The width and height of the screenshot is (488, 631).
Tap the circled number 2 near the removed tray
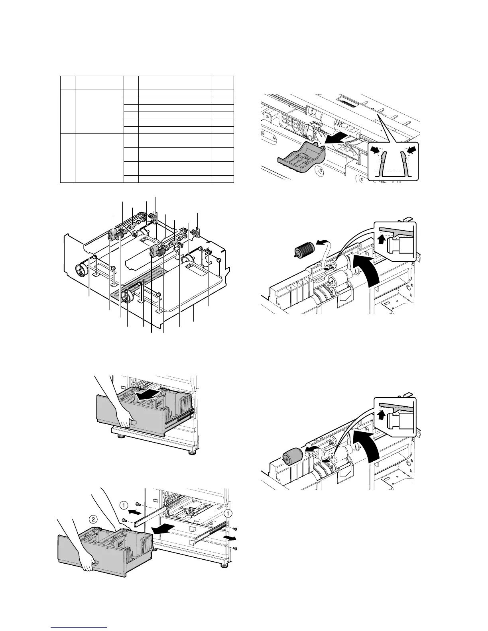92,519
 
